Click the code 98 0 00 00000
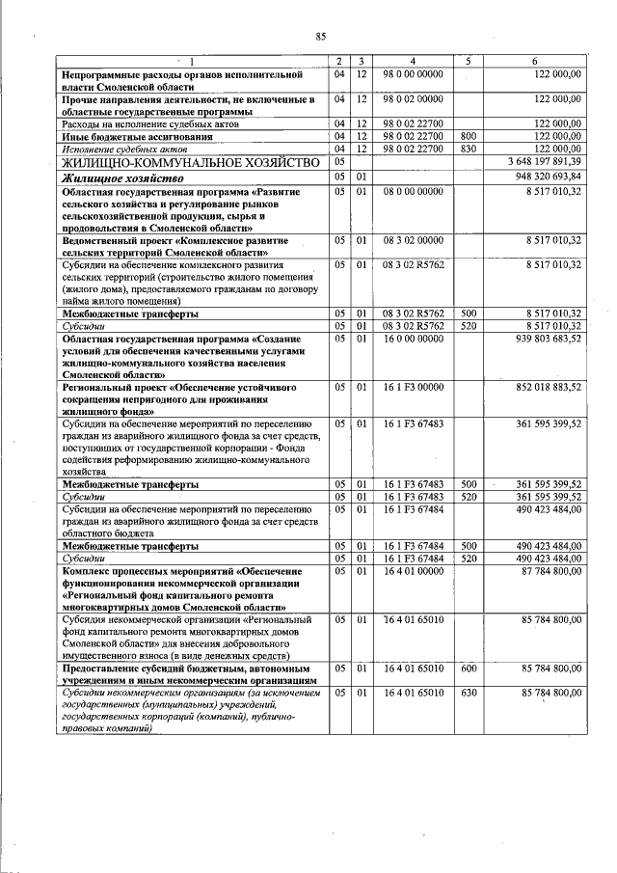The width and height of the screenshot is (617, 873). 412,73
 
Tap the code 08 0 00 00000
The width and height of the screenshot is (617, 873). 412,192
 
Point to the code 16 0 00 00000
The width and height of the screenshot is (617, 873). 412,339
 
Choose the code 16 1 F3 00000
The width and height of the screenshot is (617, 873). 412,387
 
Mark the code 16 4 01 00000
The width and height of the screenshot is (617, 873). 412,572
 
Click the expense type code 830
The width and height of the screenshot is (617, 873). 469,149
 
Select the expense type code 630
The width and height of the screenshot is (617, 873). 469,693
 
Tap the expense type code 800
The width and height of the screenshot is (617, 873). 469,137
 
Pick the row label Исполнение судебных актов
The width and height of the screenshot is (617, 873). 117,150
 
